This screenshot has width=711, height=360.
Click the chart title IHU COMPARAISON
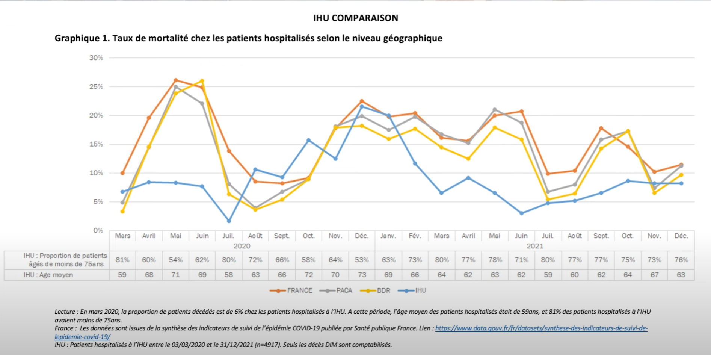(x=355, y=18)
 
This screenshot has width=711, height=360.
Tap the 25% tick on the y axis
(x=96, y=87)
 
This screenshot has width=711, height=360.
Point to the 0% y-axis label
(x=98, y=230)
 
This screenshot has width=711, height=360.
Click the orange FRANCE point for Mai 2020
(x=175, y=80)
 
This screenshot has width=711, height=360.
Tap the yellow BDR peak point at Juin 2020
(x=202, y=81)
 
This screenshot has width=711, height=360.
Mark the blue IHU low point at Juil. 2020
(x=229, y=221)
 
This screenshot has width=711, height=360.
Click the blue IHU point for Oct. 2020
(x=309, y=140)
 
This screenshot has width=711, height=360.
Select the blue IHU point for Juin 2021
(x=521, y=213)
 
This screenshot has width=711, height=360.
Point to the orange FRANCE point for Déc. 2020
(x=362, y=101)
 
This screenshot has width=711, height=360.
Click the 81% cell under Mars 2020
(x=122, y=260)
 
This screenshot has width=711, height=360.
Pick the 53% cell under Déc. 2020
(x=362, y=260)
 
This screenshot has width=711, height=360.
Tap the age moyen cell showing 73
(x=362, y=275)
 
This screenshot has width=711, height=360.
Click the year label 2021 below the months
(x=534, y=246)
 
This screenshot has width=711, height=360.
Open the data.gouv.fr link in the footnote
(x=541, y=328)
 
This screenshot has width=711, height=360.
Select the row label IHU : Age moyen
(x=48, y=275)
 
